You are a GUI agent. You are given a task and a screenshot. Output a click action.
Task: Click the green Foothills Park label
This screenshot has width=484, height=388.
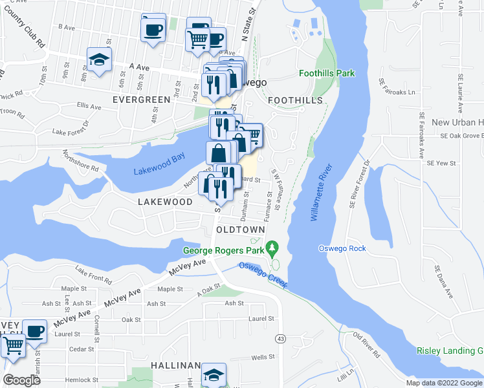point(327,74)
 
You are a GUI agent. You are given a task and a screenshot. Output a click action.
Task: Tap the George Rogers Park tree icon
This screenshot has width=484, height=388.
point(273,247)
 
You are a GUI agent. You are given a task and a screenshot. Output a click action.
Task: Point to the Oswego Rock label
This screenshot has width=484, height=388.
point(342,249)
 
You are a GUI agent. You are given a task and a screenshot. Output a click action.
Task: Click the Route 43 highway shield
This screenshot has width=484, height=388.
point(280,338)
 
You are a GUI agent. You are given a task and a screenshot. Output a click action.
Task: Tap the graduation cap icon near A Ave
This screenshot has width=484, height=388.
point(99,60)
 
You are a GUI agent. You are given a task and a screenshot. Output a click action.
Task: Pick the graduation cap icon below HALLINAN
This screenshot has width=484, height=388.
point(213,375)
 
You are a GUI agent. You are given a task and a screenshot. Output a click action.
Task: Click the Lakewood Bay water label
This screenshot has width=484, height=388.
point(159,167)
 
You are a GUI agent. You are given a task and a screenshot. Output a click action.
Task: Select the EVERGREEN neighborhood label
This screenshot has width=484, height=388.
point(141,100)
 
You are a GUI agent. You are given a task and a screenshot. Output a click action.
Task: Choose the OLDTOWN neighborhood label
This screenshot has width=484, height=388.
point(240,230)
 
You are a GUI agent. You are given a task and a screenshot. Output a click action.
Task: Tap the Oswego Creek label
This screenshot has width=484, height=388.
point(262,275)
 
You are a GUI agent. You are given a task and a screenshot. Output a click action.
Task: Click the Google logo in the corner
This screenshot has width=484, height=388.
point(21,380)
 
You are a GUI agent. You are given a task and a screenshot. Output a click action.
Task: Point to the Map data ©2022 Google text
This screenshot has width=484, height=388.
point(444,383)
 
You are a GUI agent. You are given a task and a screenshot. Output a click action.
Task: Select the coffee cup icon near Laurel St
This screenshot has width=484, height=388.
point(34,331)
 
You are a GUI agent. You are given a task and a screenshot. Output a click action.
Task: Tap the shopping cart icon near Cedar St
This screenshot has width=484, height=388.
point(13,346)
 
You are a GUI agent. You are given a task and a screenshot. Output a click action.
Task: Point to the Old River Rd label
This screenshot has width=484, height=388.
point(366,345)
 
